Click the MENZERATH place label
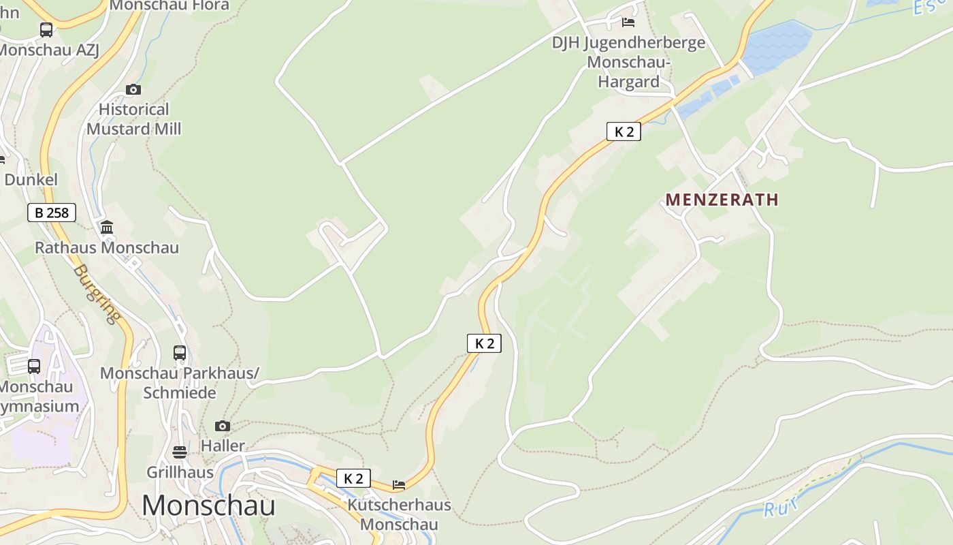[722, 200]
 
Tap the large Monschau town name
[208, 505]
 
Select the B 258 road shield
[52, 213]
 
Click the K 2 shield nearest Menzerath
[624, 131]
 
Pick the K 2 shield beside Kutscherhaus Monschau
[353, 478]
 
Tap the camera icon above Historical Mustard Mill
[133, 89]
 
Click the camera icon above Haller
[223, 426]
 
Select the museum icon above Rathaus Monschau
[107, 227]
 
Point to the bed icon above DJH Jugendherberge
[628, 22]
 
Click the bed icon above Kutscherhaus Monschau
[399, 485]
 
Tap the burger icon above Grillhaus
[180, 452]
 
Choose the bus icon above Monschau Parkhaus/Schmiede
[180, 352]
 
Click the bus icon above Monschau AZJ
[46, 30]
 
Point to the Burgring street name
[96, 293]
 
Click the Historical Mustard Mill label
[133, 119]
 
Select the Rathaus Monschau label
[107, 247]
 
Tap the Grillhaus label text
[180, 472]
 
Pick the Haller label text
[223, 446]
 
